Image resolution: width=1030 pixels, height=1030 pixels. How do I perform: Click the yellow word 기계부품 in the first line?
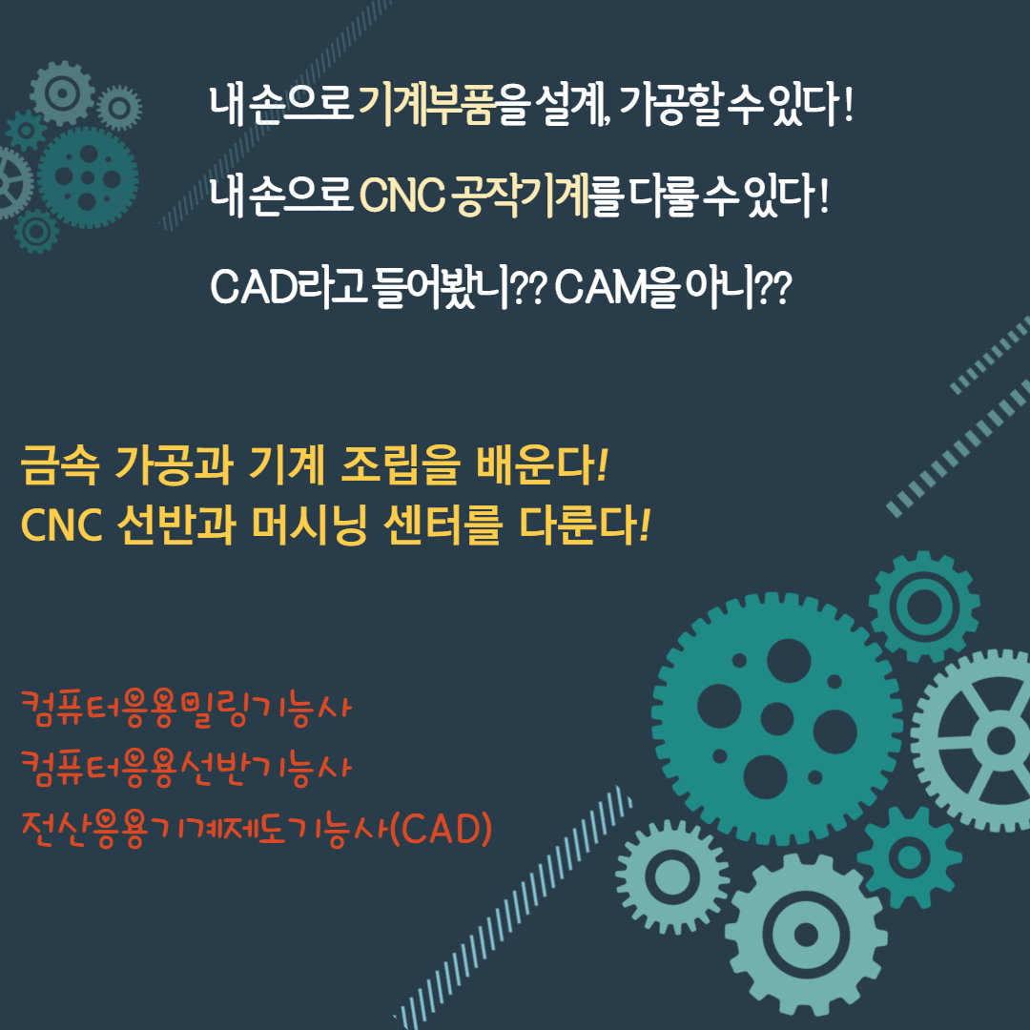coord(426,105)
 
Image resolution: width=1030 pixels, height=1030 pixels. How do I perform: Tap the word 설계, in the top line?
coord(572,105)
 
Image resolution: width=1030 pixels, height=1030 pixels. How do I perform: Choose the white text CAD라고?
coord(288,287)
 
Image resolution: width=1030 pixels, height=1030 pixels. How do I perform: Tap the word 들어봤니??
coord(461,287)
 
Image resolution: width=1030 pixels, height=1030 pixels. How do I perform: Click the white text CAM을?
coord(615,287)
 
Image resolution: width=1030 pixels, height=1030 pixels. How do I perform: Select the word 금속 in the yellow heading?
coord(60,465)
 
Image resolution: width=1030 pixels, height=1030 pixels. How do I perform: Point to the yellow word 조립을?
coord(400,465)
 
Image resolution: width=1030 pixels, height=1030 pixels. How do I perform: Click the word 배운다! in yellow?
coord(543,465)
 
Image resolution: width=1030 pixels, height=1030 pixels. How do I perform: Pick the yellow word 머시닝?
coord(309,525)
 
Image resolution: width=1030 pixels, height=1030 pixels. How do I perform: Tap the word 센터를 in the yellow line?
coord(443,525)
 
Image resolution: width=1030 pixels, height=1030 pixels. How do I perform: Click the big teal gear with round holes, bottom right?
coord(777,719)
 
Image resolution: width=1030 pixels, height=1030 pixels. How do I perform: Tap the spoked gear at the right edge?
coord(978,741)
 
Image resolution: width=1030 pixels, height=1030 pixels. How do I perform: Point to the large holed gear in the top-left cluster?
coord(88,177)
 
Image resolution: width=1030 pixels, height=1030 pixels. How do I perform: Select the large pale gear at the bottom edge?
coord(806,935)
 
